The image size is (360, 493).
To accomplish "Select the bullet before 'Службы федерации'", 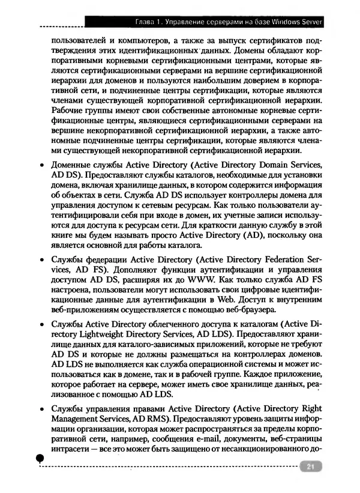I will (40, 261).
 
